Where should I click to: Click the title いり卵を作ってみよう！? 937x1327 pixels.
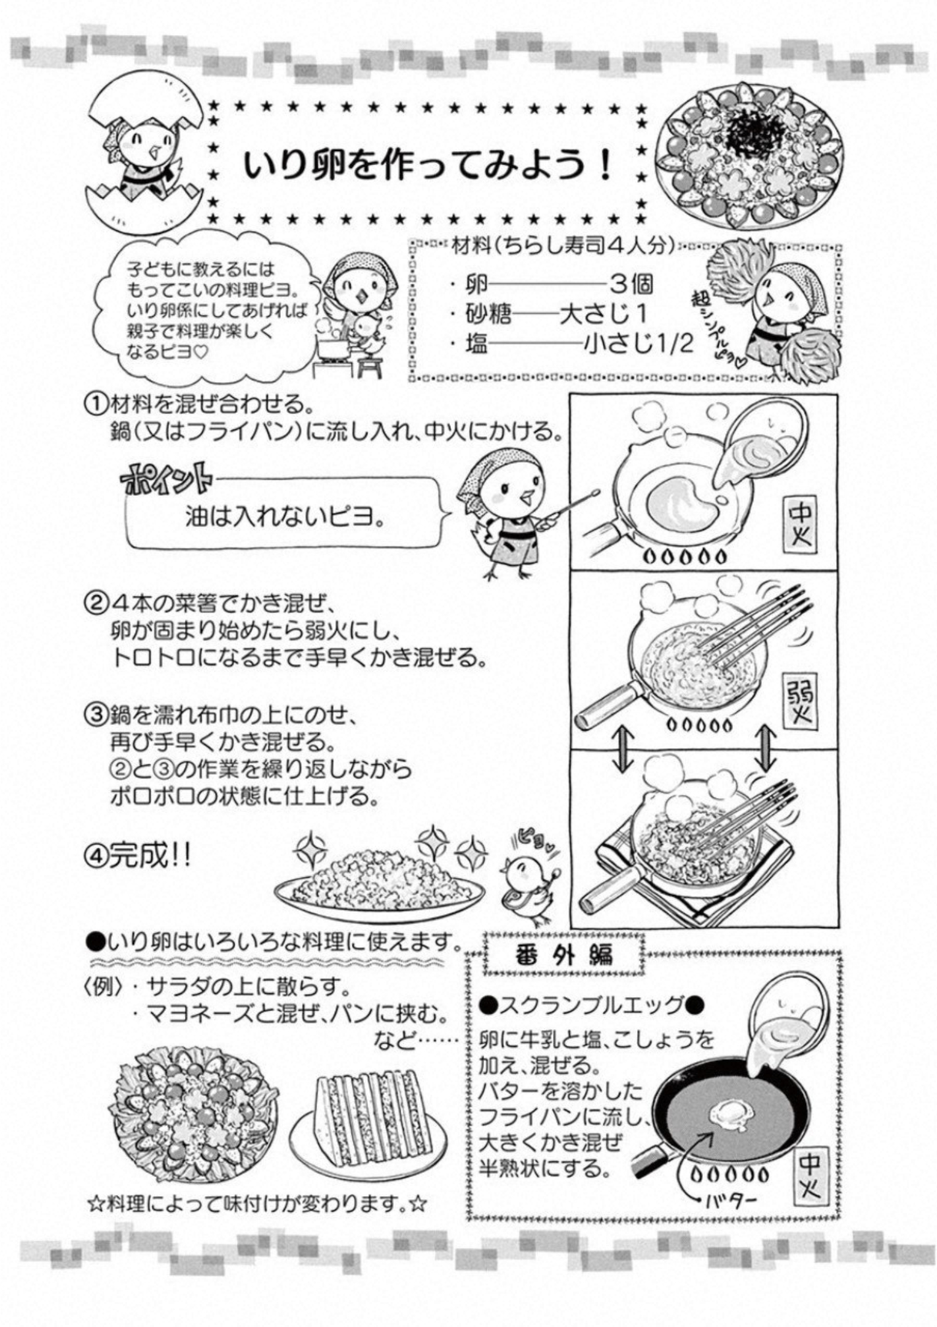(x=428, y=163)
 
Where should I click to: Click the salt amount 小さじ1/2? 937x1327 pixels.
(x=639, y=345)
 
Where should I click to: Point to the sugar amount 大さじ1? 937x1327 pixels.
(x=603, y=315)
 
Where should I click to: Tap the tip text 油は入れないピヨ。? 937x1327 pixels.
(x=286, y=518)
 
